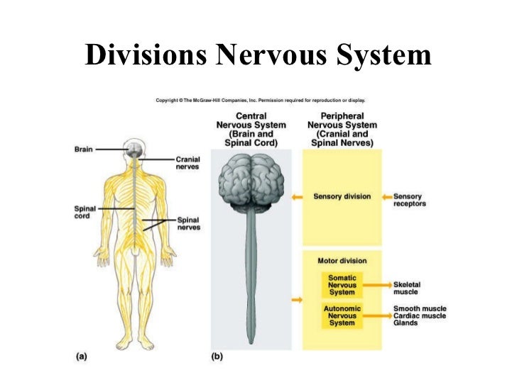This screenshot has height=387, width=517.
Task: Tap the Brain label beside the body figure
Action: pos(84,150)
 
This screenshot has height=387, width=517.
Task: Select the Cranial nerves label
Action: pos(188,164)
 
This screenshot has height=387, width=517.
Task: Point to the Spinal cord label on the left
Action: pos(85,212)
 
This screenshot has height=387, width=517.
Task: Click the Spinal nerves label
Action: pos(188,224)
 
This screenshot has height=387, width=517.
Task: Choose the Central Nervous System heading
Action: pos(251,129)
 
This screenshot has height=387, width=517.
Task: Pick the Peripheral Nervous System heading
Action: pos(342,129)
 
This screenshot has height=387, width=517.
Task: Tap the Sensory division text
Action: pos(342,196)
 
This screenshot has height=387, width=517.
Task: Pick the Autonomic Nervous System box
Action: pos(342,316)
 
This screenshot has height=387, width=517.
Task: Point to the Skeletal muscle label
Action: pos(406,288)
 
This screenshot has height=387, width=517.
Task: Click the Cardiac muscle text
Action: pos(420,316)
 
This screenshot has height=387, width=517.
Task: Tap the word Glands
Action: pos(406,324)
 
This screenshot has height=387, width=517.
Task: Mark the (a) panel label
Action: pos(82,357)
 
